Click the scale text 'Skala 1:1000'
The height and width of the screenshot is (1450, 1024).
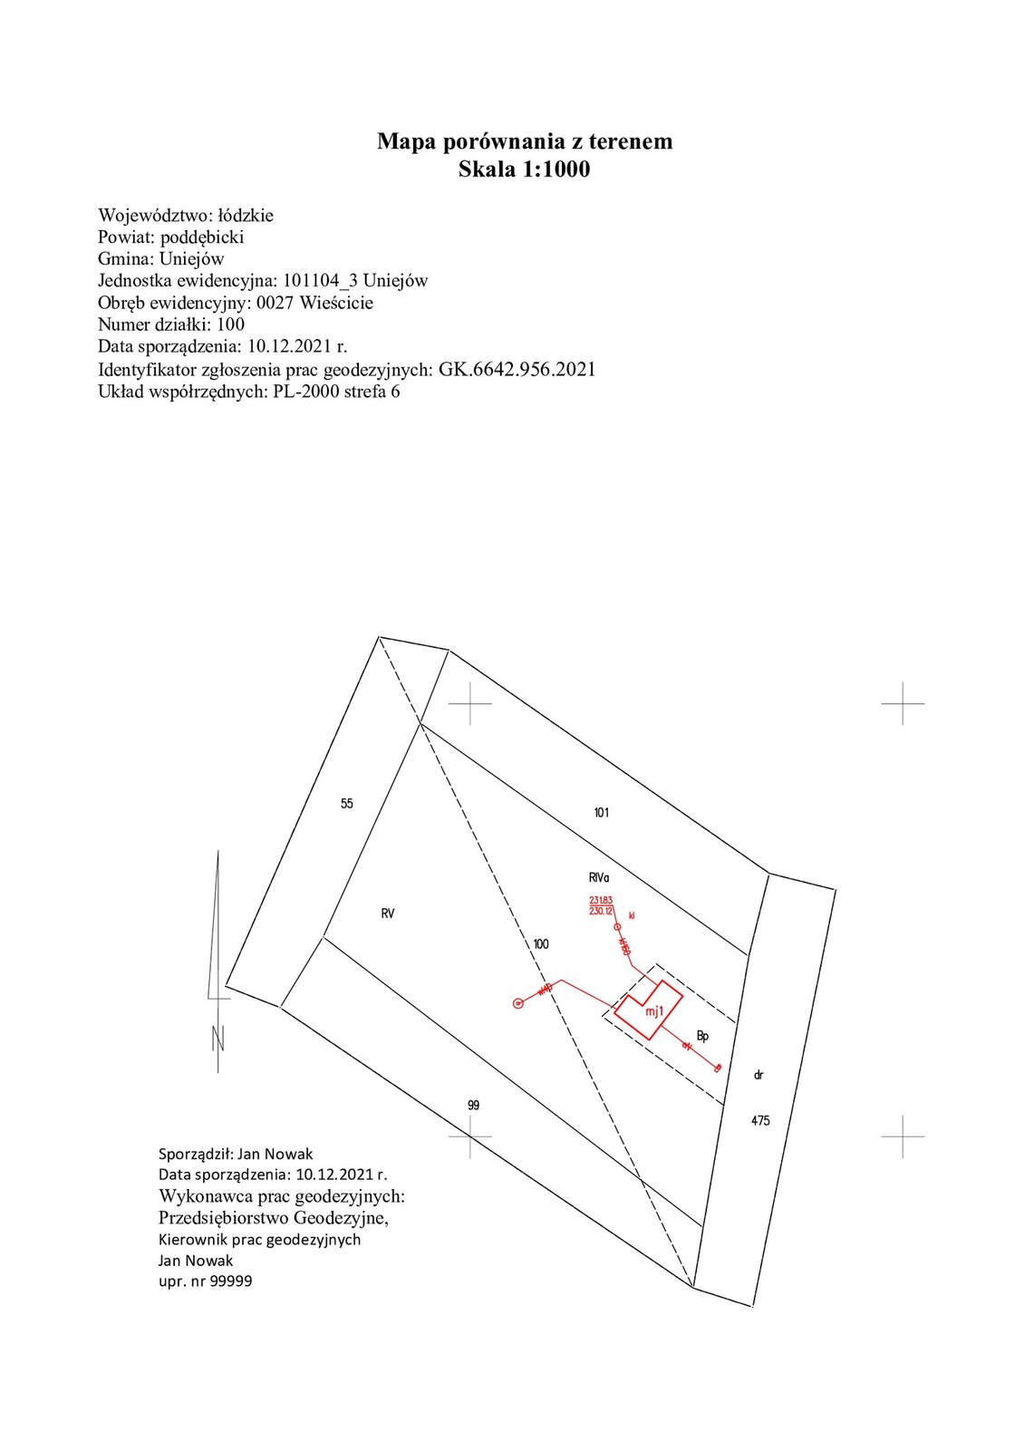pos(524,169)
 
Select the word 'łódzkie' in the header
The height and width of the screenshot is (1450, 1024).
pos(246,216)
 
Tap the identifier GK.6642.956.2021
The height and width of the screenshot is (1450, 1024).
pos(517,369)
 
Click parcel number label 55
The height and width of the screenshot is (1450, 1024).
pos(346,804)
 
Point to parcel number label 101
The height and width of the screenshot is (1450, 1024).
pos(601,813)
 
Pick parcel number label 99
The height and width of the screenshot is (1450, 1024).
pos(473,1106)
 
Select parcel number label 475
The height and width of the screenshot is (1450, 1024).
pos(759,1121)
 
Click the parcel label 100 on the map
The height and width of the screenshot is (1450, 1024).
pos(540,944)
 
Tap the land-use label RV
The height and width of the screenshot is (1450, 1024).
pos(388,913)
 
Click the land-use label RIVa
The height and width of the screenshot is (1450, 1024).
pos(599,878)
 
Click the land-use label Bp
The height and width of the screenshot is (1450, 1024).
pos(702,1036)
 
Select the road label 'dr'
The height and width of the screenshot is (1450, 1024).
pos(758,1075)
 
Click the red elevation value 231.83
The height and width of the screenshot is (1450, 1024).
pos(601,900)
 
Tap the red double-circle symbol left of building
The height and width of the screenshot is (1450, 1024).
pos(517,1003)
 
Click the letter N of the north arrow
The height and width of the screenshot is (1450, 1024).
pos(217,1039)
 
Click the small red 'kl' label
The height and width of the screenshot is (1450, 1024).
pos(632,916)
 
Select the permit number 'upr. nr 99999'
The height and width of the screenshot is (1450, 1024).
pos(205,1281)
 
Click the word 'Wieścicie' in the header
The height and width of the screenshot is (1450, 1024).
pos(336,303)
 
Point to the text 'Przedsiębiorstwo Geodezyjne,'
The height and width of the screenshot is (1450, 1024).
pos(273,1217)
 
